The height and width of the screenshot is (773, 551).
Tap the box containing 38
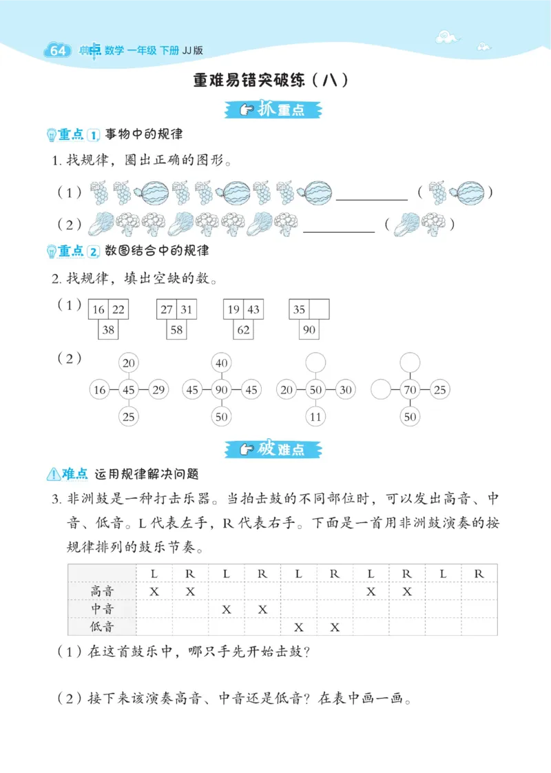109,330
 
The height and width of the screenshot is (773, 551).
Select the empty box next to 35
319,309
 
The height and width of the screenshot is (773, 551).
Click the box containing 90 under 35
309,330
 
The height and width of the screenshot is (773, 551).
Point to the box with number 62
243,330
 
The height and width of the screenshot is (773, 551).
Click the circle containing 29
158,390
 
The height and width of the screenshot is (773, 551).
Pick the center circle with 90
222,390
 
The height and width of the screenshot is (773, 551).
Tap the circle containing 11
315,416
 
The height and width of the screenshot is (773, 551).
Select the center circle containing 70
410,390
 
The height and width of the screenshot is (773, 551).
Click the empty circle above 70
410,363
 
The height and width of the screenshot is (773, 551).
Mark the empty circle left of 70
381,390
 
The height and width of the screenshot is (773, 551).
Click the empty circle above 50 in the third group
315,363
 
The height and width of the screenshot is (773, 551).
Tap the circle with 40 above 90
222,363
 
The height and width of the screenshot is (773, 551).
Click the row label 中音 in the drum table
103,609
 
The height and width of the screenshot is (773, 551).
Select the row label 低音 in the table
103,627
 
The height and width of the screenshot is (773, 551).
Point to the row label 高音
103,591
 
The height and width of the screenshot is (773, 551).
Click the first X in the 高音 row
154,591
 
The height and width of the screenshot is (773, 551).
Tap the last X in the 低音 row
335,627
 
